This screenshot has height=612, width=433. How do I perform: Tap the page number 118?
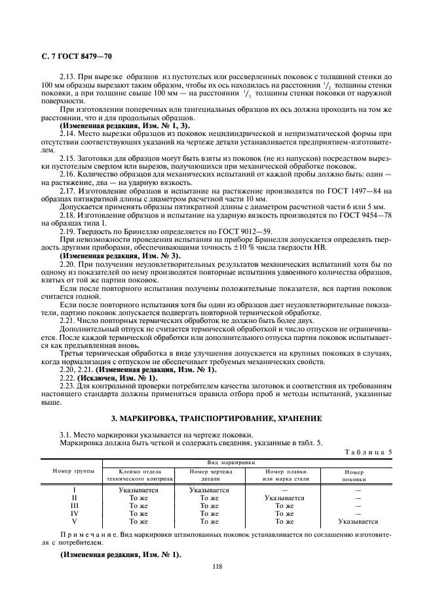(x=217, y=567)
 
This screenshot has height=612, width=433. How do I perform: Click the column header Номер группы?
(x=73, y=470)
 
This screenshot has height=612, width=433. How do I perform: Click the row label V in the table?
(x=74, y=522)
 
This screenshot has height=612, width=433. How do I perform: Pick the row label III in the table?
(x=74, y=505)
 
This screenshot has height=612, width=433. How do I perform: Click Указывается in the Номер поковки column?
(x=358, y=522)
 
